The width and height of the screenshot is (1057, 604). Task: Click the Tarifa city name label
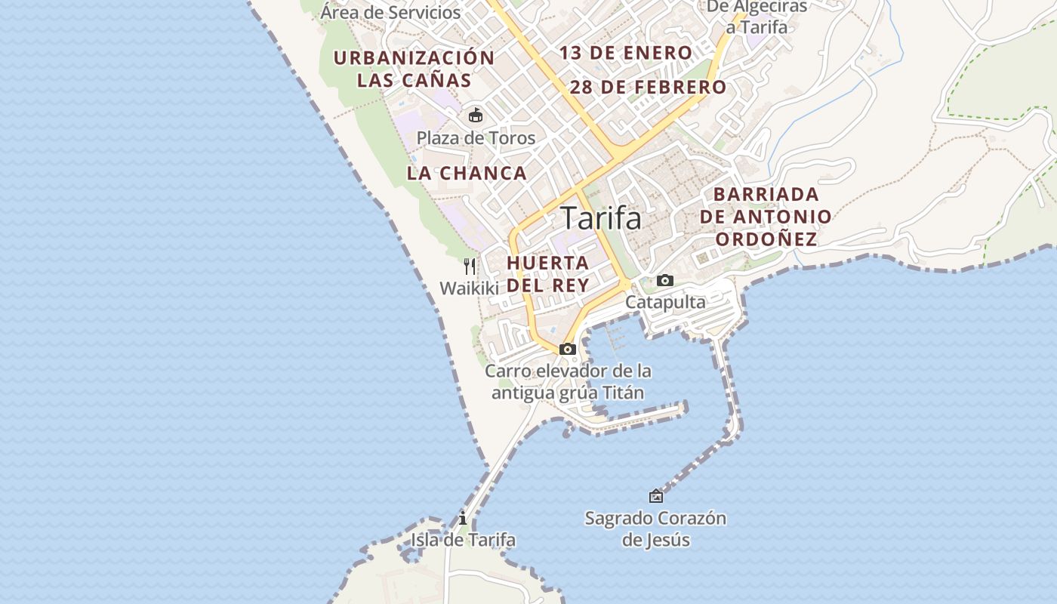tap(601, 218)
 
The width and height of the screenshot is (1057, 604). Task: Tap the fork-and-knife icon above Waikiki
tap(470, 266)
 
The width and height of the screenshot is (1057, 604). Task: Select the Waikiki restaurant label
tap(470, 288)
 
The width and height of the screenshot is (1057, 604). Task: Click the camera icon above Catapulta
tap(665, 281)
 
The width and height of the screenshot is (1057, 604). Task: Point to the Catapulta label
tap(665, 302)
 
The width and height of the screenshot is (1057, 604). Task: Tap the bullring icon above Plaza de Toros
tap(476, 116)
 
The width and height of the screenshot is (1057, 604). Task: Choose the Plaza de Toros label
tap(476, 138)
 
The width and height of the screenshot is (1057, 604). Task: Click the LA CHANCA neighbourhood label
tap(467, 173)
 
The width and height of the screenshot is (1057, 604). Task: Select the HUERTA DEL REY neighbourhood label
tap(548, 274)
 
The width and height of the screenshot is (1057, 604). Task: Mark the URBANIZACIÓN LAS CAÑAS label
tap(414, 69)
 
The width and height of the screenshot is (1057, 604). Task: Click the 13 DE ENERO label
tap(626, 53)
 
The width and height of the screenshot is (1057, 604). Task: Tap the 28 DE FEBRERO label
tap(648, 87)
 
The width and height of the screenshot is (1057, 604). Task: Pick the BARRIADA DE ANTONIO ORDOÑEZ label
tap(766, 217)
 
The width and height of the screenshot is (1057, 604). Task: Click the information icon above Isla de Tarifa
tap(463, 519)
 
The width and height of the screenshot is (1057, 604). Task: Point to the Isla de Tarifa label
tap(463, 540)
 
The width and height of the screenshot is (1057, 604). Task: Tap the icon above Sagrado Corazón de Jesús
tap(656, 496)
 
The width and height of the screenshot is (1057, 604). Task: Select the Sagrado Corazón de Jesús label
tap(655, 528)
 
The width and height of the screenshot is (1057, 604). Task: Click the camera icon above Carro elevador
tap(568, 349)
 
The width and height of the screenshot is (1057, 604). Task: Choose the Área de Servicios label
tap(390, 12)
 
